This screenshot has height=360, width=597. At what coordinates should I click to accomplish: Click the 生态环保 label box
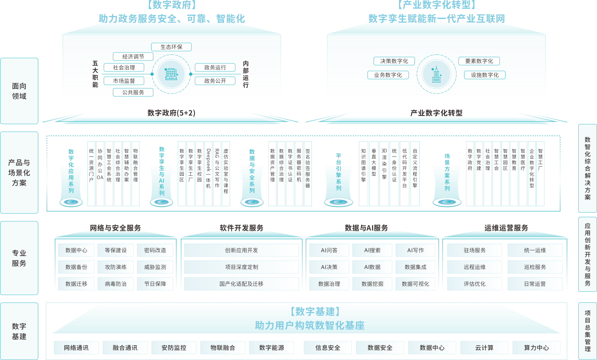pyautogui.click(x=171, y=47)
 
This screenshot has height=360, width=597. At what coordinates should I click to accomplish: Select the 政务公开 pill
pyautogui.click(x=215, y=81)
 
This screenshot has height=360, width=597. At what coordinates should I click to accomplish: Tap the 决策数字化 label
pyautogui.click(x=394, y=61)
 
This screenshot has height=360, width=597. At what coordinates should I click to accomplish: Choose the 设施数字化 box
pyautogui.click(x=485, y=75)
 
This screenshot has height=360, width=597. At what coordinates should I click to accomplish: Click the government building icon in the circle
pyautogui.click(x=171, y=74)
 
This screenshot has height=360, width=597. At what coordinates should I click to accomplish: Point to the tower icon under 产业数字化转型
pyautogui.click(x=436, y=74)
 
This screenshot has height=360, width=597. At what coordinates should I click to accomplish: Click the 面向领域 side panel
pyautogui.click(x=19, y=91)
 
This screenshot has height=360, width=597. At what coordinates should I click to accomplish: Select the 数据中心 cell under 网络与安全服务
pyautogui.click(x=76, y=250)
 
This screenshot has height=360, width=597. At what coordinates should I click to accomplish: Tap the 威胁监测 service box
pyautogui.click(x=155, y=267)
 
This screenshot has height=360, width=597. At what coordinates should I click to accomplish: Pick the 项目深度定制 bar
pyautogui.click(x=242, y=267)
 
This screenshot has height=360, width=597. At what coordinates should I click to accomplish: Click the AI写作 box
pyautogui.click(x=415, y=250)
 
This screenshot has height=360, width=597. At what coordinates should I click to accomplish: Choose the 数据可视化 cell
pyautogui.click(x=415, y=284)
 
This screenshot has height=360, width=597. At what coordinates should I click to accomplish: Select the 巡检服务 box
pyautogui.click(x=535, y=267)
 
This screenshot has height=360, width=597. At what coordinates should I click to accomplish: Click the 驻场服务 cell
pyautogui.click(x=474, y=250)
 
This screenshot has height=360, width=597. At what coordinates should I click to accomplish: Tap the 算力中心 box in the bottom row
pyautogui.click(x=536, y=347)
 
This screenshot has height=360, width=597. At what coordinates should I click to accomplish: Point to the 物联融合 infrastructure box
pyautogui.click(x=223, y=347)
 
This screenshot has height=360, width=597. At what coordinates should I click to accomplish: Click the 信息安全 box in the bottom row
pyautogui.click(x=328, y=347)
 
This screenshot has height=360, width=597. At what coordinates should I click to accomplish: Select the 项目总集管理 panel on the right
pyautogui.click(x=588, y=331)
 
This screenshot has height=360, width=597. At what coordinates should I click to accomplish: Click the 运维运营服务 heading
pyautogui.click(x=506, y=228)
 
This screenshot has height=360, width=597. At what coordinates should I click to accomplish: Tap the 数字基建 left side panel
pyautogui.click(x=19, y=331)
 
